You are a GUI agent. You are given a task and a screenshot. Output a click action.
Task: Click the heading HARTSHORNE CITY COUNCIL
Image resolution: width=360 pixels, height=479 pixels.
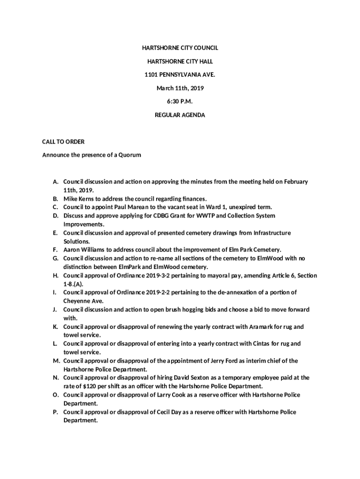tap(180, 48)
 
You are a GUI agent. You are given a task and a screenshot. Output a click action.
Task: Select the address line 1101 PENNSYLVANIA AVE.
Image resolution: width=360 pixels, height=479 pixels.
tap(180, 74)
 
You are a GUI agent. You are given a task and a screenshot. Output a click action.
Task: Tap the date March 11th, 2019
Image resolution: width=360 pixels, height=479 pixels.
tap(180, 88)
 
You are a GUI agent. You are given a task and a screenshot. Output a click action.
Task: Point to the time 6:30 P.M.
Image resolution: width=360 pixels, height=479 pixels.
tap(180, 101)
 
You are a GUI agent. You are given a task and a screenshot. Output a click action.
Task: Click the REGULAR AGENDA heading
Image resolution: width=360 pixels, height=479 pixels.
tap(180, 115)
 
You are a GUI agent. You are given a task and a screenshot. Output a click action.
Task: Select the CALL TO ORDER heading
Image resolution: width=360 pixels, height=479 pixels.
tap(63, 141)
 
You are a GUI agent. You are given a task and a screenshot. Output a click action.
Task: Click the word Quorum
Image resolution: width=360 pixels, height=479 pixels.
tap(130, 155)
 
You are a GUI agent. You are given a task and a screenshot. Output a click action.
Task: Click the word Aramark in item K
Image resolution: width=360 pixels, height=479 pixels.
tap(253, 327)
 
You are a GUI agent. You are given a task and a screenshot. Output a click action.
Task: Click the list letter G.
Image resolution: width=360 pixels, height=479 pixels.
tap(55, 258)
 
